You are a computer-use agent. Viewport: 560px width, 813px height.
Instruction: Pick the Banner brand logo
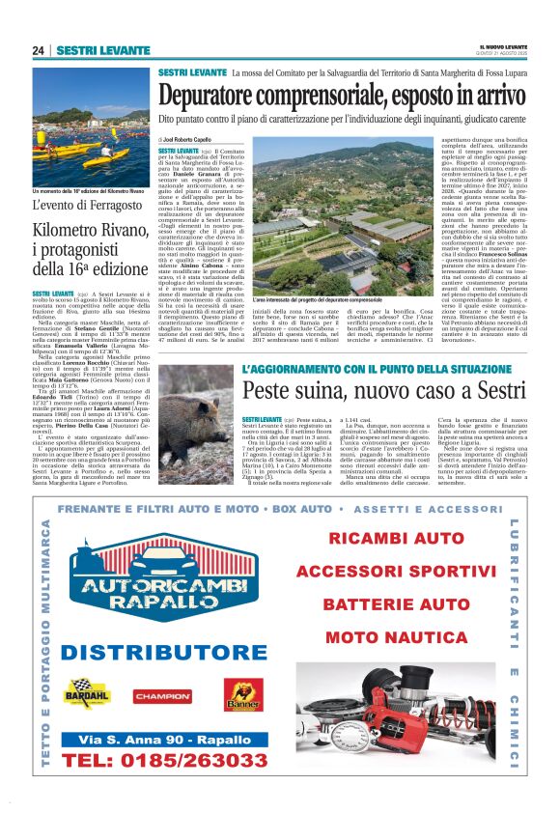coord(242,693)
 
